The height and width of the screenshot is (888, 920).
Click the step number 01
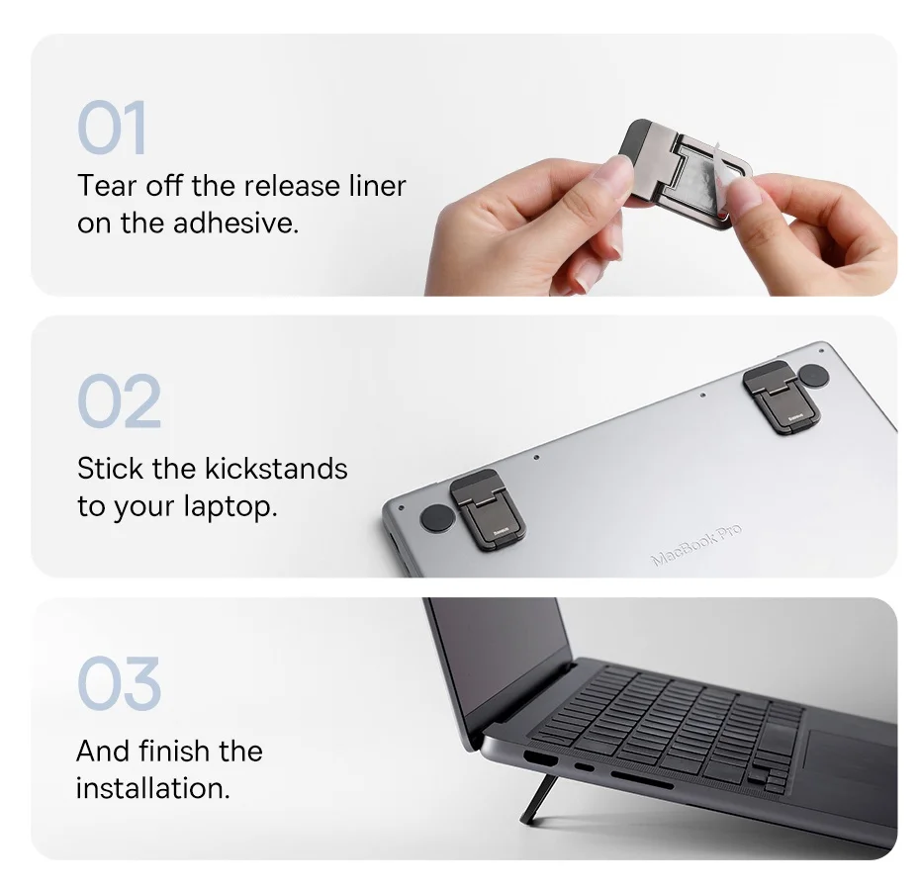pos(112,127)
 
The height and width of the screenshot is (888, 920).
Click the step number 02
pos(119,400)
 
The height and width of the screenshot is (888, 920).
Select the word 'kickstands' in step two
pos(276,469)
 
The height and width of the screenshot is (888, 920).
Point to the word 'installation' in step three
pos(152,788)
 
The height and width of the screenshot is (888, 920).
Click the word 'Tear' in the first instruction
pos(107,186)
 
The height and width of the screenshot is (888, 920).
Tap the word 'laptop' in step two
pos(230,506)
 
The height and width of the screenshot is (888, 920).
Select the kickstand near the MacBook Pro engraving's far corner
pos(781,397)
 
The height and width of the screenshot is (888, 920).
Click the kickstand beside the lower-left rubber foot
pos(487,509)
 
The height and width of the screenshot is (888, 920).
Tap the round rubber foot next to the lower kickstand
pos(437,518)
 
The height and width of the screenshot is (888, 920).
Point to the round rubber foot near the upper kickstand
pos(813,376)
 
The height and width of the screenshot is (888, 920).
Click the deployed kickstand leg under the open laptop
pos(538,799)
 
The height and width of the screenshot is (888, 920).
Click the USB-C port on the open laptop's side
pos(584,767)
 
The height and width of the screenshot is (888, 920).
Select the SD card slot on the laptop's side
pos(642,780)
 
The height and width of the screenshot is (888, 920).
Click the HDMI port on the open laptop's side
pos(540,758)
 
